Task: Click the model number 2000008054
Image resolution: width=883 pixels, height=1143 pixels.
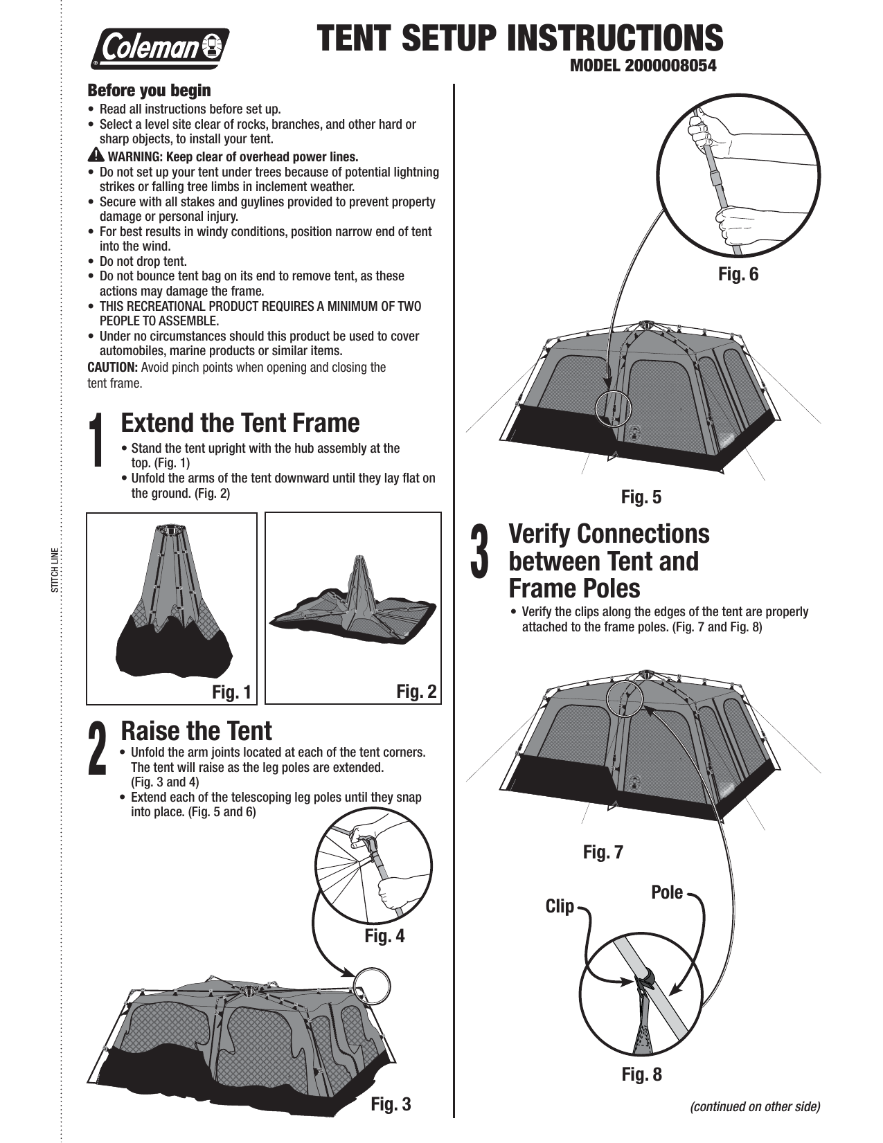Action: tap(643, 66)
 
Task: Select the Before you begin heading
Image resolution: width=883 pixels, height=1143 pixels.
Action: tap(149, 91)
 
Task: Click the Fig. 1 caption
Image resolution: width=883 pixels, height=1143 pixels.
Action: tap(231, 692)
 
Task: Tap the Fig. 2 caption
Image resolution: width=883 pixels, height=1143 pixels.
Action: tap(416, 691)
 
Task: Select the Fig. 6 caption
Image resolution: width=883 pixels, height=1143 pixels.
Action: tap(738, 275)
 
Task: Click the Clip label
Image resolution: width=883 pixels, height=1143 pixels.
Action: tap(560, 906)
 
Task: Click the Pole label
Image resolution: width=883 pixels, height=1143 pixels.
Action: tap(666, 892)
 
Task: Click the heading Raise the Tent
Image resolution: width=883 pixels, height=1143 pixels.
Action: tap(197, 731)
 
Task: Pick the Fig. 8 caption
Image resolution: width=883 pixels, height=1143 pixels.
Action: tap(641, 1074)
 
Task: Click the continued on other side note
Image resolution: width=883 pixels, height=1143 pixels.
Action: tap(755, 1106)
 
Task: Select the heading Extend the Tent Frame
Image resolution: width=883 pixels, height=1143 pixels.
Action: tap(240, 423)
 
